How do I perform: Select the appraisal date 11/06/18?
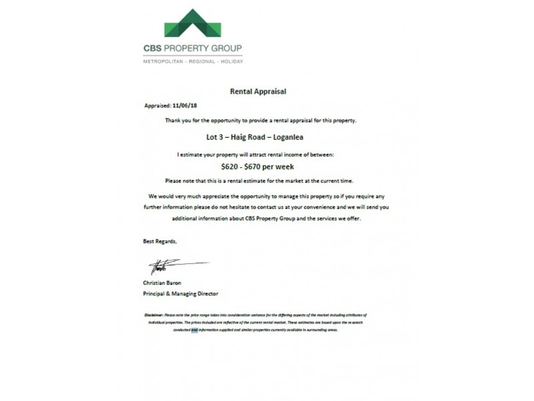point(186,106)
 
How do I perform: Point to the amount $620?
point(232,167)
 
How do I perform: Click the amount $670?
point(258,167)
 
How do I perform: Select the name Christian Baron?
point(163,283)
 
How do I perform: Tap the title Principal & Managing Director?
point(180,293)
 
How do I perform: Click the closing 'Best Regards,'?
point(161,241)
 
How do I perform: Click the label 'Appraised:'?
point(158,106)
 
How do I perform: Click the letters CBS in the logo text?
point(153,49)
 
